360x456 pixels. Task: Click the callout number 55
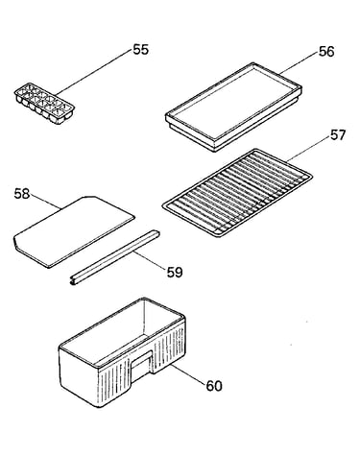(140, 50)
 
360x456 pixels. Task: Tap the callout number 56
(326, 52)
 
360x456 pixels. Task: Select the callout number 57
(338, 135)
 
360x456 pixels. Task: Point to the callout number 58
(22, 194)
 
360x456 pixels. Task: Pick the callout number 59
(175, 273)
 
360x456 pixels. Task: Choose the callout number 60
(214, 386)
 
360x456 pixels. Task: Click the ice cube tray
(44, 104)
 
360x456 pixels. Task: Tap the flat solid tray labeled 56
(233, 108)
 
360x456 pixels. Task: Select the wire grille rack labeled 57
(237, 193)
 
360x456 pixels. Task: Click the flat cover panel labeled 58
(74, 232)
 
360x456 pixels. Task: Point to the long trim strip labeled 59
(114, 257)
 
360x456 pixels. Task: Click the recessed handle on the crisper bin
(142, 365)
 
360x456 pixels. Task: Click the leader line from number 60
(188, 373)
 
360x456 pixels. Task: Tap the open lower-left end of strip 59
(73, 281)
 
